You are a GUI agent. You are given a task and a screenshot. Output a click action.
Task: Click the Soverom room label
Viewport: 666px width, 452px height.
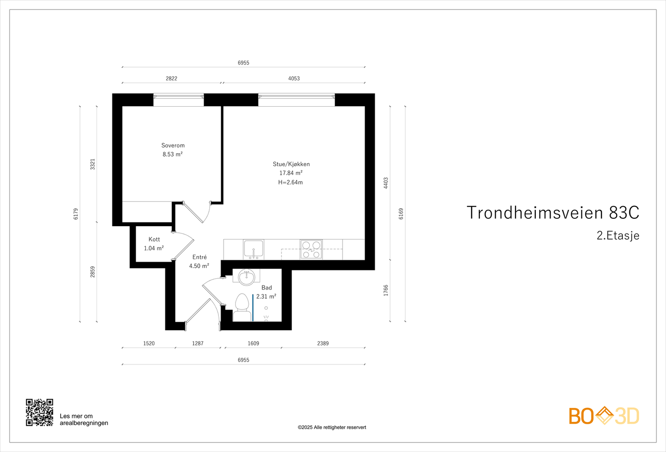[173, 145]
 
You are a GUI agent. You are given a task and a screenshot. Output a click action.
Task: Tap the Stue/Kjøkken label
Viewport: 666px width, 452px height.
[291, 164]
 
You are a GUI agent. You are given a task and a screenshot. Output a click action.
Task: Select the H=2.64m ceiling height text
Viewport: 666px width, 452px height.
[291, 182]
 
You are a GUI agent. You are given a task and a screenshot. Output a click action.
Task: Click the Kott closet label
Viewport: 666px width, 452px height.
[154, 239]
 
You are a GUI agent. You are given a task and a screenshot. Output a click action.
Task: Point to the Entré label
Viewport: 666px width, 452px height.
[199, 257]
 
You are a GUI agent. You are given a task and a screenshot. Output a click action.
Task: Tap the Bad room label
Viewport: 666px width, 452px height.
[266, 287]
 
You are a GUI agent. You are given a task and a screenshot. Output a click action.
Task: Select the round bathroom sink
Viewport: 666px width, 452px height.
[246, 277]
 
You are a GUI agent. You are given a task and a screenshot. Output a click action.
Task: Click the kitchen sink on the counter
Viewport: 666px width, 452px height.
[253, 249]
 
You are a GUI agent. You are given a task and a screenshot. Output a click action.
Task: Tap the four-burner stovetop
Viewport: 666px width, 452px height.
[311, 249]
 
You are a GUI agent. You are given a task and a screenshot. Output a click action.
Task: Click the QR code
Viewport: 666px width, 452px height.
[40, 412]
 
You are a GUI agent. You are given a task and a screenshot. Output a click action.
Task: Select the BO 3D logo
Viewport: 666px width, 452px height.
[604, 416]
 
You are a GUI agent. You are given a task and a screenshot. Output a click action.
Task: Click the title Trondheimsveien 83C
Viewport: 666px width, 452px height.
[552, 212]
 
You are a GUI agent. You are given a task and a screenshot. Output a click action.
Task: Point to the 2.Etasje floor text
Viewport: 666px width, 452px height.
[618, 235]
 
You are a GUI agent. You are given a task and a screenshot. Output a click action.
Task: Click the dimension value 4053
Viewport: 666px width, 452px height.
[294, 78]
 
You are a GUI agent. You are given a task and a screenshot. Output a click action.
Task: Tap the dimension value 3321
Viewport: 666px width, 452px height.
[93, 164]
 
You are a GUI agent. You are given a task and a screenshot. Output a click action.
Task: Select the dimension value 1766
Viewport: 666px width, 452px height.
[386, 290]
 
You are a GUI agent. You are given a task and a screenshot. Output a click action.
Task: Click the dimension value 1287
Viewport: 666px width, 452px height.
[198, 343]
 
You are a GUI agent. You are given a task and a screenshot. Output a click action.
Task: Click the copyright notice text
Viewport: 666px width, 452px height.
[332, 427]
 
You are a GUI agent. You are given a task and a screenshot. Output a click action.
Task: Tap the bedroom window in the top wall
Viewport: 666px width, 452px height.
[179, 100]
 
